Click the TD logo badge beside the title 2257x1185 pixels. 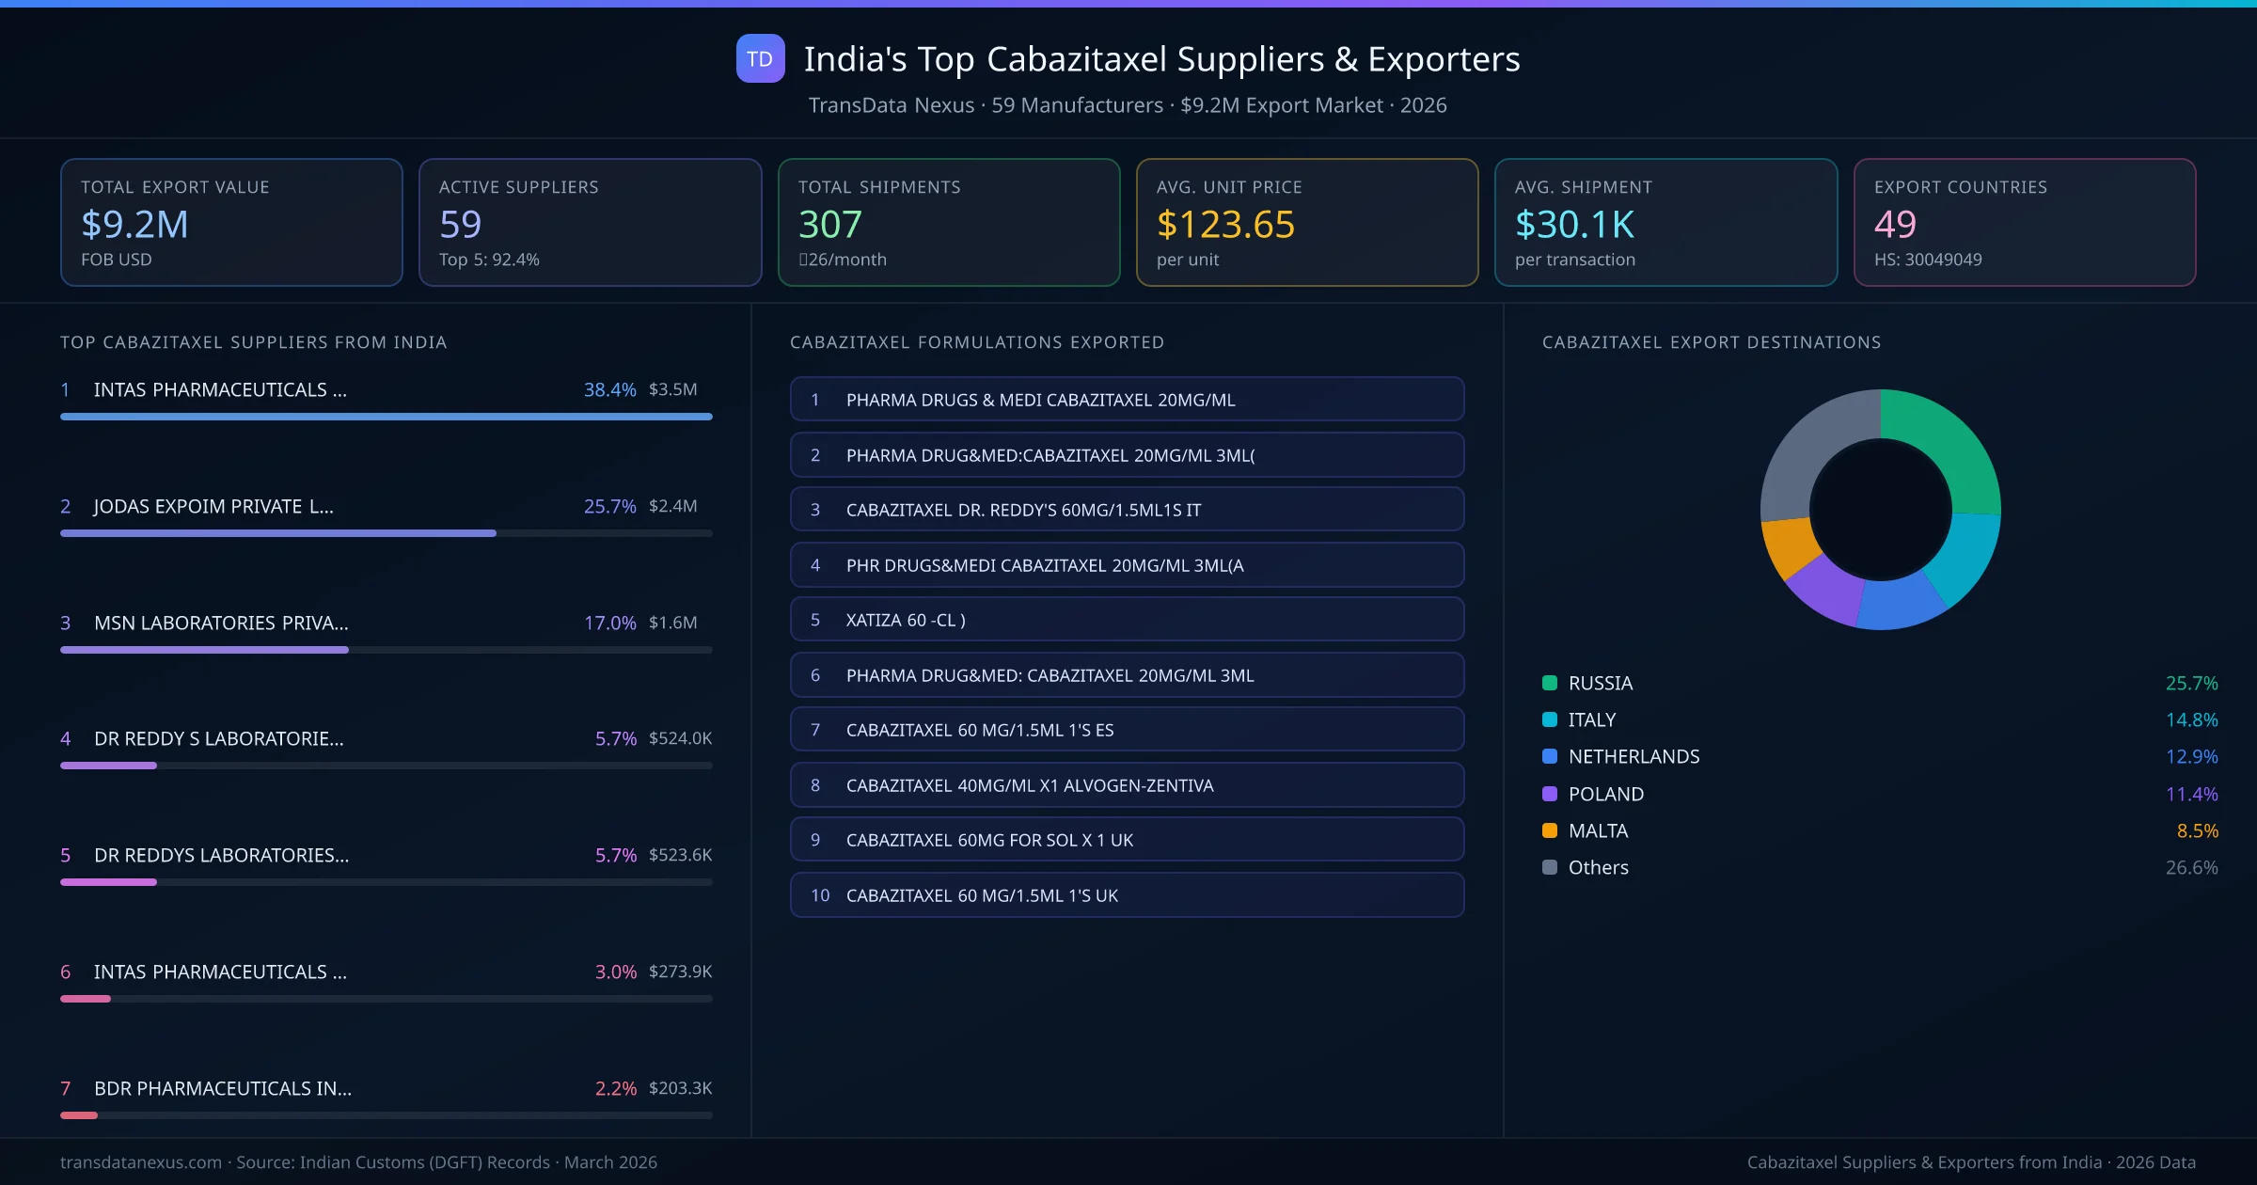760,58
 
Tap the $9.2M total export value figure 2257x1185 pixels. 134,224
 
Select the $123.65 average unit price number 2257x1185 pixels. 1225,224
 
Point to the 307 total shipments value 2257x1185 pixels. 829,224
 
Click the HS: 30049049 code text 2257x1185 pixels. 1927,260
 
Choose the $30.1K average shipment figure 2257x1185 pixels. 1574,224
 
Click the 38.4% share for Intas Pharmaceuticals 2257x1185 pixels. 609,389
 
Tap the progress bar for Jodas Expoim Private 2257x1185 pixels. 386,533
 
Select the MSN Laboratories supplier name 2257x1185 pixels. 221,623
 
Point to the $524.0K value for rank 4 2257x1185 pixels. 680,738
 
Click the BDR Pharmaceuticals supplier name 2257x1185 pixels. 223,1088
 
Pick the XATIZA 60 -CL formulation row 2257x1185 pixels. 1127,620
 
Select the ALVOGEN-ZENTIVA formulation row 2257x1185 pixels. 1127,785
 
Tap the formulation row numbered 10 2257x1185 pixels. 1127,895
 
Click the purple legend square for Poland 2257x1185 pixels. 1550,794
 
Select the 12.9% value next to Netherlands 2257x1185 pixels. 2191,756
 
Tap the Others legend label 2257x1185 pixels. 1598,867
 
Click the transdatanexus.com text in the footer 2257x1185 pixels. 141,1162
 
